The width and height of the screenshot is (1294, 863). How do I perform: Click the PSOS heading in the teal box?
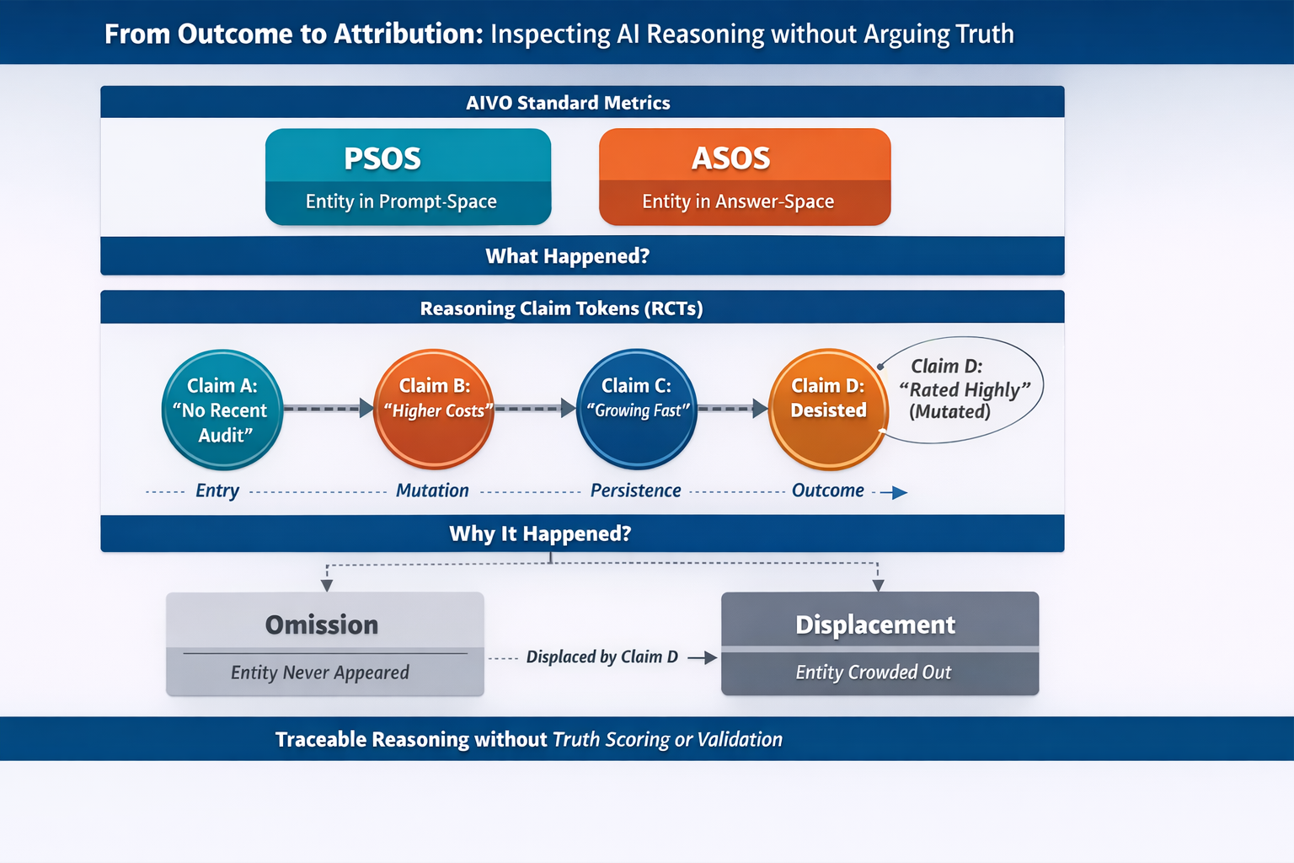pyautogui.click(x=382, y=158)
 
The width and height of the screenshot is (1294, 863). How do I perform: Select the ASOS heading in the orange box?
pyautogui.click(x=730, y=158)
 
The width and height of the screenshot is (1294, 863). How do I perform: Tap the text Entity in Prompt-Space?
pyautogui.click(x=401, y=201)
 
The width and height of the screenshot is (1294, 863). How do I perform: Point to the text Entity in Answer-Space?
pyautogui.click(x=738, y=201)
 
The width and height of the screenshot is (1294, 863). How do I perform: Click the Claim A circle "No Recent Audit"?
pyautogui.click(x=222, y=410)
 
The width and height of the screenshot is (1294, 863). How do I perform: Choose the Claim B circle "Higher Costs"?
pyautogui.click(x=434, y=409)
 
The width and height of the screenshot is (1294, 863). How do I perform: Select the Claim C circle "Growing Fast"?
pyautogui.click(x=637, y=409)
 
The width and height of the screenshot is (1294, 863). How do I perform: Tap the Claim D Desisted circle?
pyautogui.click(x=828, y=409)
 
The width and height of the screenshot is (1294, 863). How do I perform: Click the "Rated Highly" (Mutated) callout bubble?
pyautogui.click(x=962, y=389)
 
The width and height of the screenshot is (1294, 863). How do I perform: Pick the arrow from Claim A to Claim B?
pyautogui.click(x=328, y=408)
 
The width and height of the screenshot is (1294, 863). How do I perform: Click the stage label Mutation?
pyautogui.click(x=432, y=490)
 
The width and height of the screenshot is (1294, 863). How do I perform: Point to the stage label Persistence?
pyautogui.click(x=635, y=490)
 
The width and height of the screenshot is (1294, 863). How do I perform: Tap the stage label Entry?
pyautogui.click(x=217, y=490)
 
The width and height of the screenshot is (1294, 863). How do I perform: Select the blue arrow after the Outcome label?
pyautogui.click(x=895, y=492)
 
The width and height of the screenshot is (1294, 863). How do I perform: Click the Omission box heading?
pyautogui.click(x=322, y=624)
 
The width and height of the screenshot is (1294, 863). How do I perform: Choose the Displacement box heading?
pyautogui.click(x=875, y=624)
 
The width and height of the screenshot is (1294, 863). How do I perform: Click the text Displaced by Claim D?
pyautogui.click(x=602, y=657)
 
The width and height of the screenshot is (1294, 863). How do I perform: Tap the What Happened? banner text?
pyautogui.click(x=567, y=256)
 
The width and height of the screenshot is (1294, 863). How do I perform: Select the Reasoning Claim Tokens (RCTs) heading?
pyautogui.click(x=561, y=308)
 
